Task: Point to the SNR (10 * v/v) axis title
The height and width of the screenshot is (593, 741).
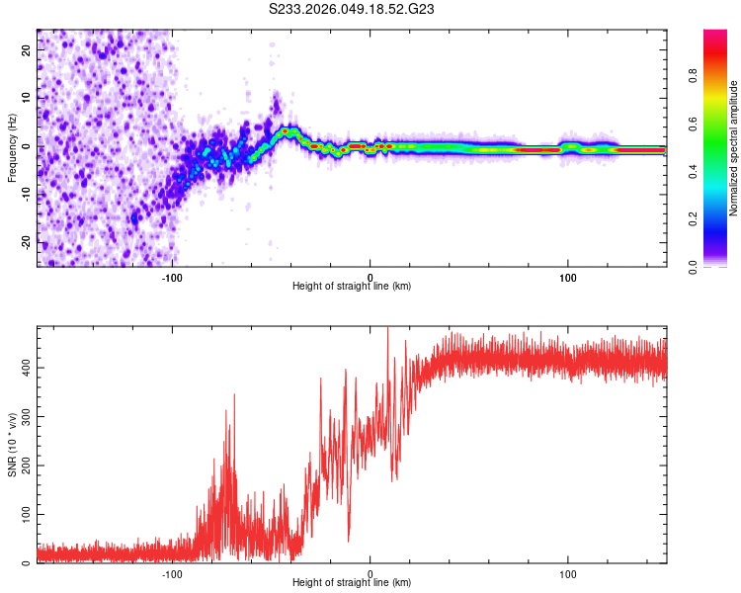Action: click(12, 445)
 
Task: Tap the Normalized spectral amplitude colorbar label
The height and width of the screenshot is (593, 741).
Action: click(734, 148)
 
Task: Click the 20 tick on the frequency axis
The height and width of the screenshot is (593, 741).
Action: click(27, 48)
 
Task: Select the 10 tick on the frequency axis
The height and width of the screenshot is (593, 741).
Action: click(27, 97)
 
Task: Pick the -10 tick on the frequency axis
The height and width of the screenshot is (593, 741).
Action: click(25, 194)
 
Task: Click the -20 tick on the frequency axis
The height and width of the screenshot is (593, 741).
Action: click(25, 242)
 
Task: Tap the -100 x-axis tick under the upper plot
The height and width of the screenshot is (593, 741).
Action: click(172, 278)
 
